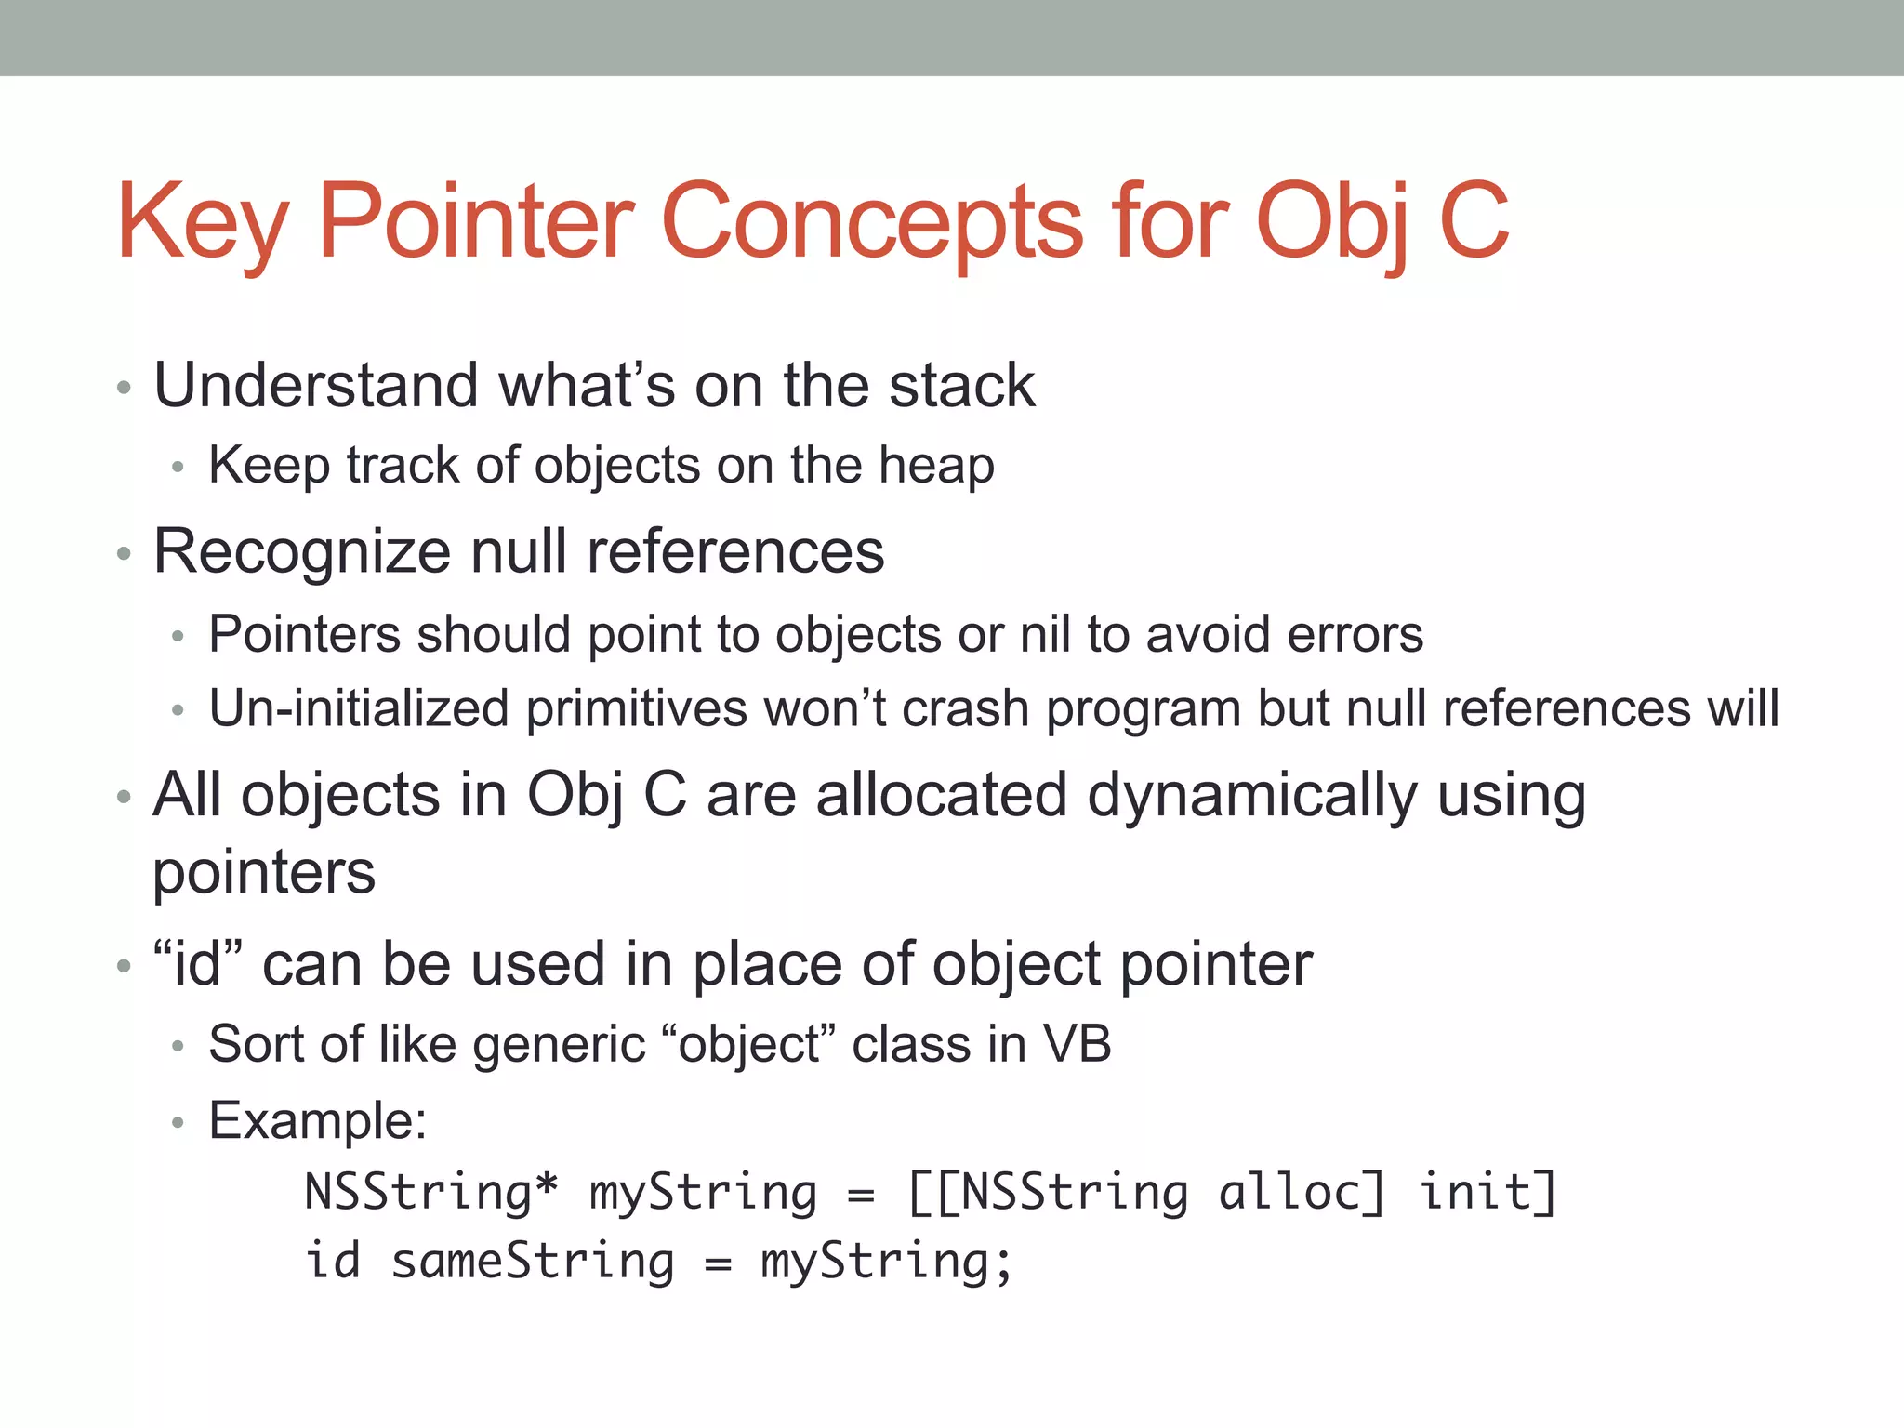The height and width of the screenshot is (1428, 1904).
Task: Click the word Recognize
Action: pyautogui.click(x=302, y=552)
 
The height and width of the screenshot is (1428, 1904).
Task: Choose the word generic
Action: pyautogui.click(x=559, y=1045)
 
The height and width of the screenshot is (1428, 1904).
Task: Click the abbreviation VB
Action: pyautogui.click(x=1078, y=1044)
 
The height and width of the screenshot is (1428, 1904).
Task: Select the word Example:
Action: pyautogui.click(x=317, y=1120)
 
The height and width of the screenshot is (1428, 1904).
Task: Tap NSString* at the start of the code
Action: pyautogui.click(x=431, y=1193)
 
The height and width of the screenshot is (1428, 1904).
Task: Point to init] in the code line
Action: pyautogui.click(x=1487, y=1193)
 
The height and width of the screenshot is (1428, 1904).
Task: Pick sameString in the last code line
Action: pyautogui.click(x=533, y=1263)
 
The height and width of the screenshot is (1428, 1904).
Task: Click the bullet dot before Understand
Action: pyautogui.click(x=125, y=388)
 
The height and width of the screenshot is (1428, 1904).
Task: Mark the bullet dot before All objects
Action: pyautogui.click(x=125, y=798)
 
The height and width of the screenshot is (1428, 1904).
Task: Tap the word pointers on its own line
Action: pyautogui.click(x=264, y=873)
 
